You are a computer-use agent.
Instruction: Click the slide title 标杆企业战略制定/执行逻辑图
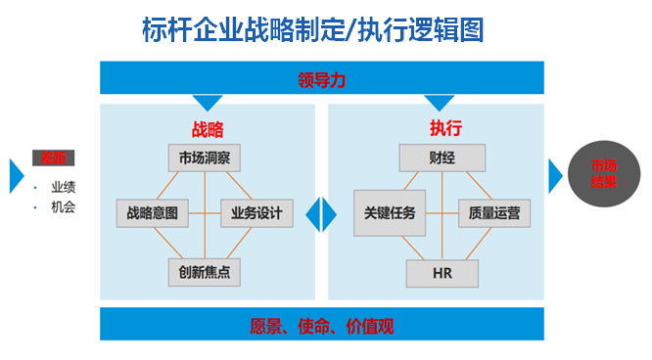coord(312,29)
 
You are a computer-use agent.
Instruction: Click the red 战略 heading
coord(208,128)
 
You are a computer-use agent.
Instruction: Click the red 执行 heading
coord(445,128)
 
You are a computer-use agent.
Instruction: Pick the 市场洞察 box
coord(204,157)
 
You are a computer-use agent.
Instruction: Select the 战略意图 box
coord(152,212)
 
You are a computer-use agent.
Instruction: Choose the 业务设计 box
coord(256,212)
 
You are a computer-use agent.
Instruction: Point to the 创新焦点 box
coord(204,270)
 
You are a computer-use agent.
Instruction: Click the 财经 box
coord(442,157)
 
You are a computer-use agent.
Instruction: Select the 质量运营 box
coord(493,212)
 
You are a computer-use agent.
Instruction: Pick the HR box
coord(442,271)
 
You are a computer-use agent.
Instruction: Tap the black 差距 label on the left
coord(52,158)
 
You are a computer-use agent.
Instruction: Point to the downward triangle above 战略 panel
coord(208,101)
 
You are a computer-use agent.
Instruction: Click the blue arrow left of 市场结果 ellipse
coord(555,174)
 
